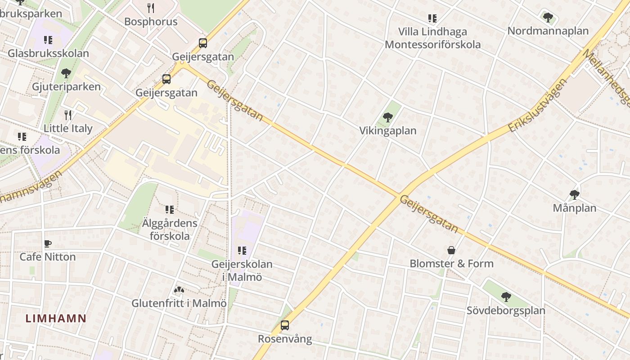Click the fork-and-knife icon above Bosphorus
[151, 8]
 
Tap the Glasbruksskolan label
[48, 53]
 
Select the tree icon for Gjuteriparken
[66, 73]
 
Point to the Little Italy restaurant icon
[68, 115]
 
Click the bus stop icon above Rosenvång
[285, 325]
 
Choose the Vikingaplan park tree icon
[387, 118]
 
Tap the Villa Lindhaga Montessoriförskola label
[432, 38]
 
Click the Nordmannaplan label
[548, 31]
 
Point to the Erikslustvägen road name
[537, 105]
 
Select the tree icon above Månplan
[574, 195]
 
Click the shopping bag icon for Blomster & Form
[451, 250]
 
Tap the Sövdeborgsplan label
[506, 310]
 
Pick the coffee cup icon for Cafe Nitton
[48, 244]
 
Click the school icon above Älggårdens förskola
[170, 209]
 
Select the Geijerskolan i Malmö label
[242, 270]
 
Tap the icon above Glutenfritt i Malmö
[179, 291]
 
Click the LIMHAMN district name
[56, 318]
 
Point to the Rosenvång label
[285, 339]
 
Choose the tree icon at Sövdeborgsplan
[506, 297]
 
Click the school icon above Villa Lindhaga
[432, 18]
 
